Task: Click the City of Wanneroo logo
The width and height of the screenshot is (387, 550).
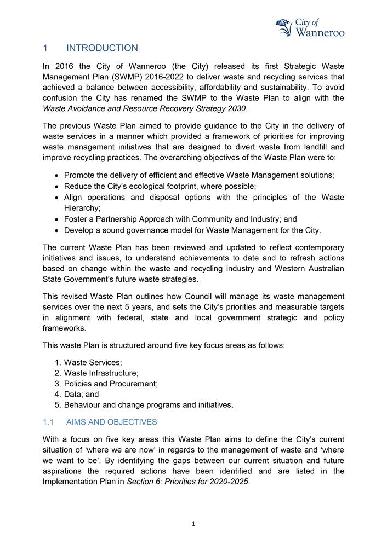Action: (310, 27)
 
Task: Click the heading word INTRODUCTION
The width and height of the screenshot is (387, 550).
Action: (102, 48)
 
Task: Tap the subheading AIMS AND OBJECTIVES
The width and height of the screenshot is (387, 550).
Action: (111, 422)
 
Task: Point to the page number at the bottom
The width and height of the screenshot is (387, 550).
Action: (193, 524)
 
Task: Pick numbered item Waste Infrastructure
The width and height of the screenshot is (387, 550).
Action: (101, 373)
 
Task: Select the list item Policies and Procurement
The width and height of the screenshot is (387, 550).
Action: (111, 384)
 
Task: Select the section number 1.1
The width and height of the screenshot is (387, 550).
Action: (48, 422)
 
